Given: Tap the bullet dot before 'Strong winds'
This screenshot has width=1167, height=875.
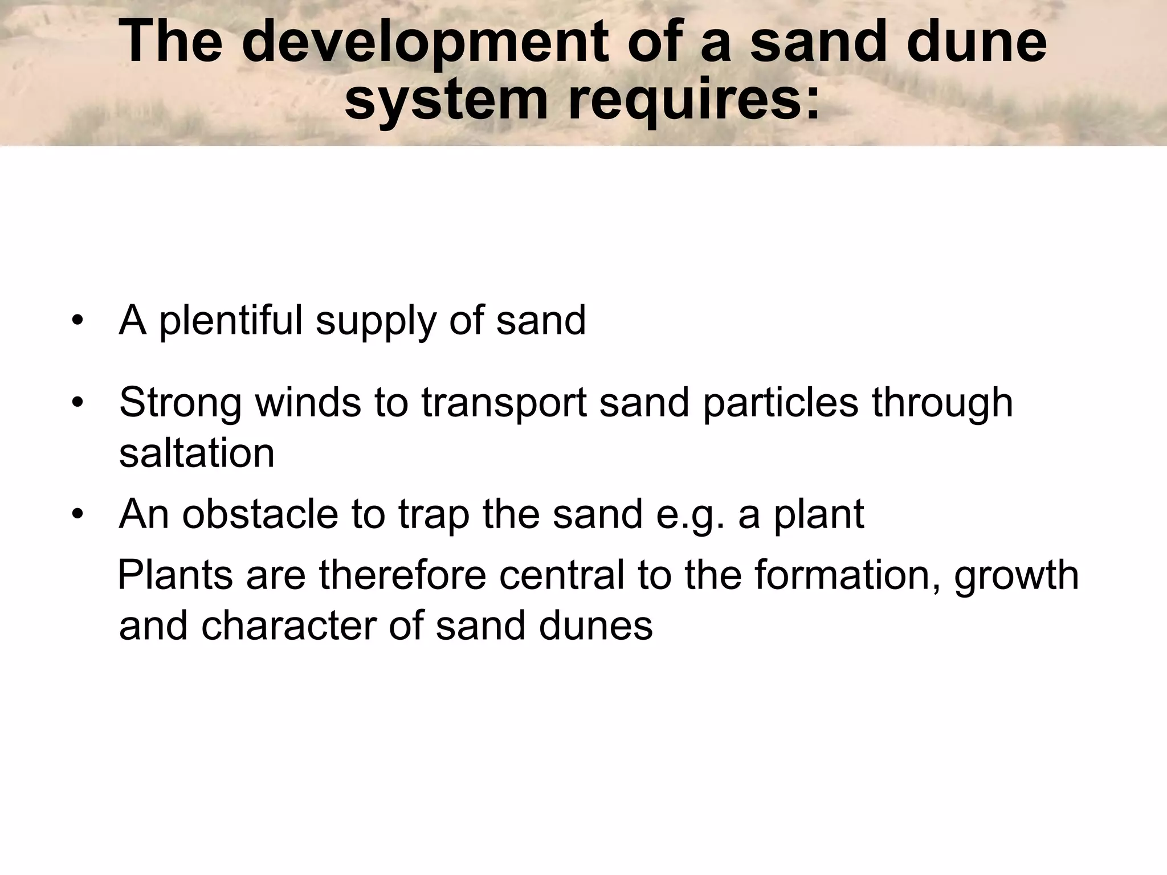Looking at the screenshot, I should (78, 403).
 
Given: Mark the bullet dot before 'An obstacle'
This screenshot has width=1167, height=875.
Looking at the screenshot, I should (78, 515).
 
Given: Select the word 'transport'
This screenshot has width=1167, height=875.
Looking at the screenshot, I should (504, 403).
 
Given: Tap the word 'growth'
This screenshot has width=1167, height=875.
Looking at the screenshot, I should (1016, 576).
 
